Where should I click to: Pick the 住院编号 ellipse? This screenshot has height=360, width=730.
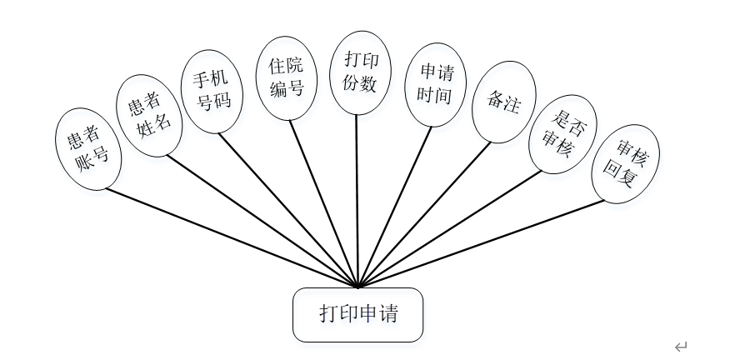point(286,78)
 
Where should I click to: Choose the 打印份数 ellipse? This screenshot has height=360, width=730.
point(361,72)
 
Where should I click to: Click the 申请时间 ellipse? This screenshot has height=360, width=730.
point(434,84)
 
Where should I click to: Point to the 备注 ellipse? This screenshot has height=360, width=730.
point(503,101)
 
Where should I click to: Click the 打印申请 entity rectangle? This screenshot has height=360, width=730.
point(358,314)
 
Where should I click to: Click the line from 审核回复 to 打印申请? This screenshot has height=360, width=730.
point(483,243)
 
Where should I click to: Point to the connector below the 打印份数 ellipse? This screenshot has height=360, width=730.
point(357,200)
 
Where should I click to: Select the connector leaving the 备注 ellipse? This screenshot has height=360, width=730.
point(425,213)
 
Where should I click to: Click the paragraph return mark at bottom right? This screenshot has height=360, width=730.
point(681,345)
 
